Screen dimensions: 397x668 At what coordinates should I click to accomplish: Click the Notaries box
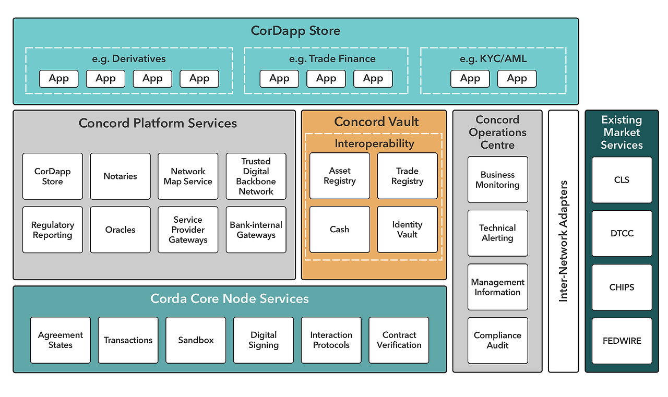click(120, 176)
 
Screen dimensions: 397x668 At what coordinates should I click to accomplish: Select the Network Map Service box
click(188, 176)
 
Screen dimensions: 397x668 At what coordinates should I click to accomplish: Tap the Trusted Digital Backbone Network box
click(256, 176)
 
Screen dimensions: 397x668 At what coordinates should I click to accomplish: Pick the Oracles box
click(120, 230)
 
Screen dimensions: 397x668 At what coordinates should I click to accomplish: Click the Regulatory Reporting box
click(52, 230)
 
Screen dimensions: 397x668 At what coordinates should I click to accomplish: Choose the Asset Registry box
click(339, 176)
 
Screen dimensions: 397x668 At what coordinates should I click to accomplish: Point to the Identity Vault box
click(407, 230)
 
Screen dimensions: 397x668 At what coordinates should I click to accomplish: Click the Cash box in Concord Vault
click(339, 230)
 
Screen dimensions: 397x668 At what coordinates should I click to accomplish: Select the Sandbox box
click(196, 340)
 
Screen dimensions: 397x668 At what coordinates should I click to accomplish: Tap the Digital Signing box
click(264, 340)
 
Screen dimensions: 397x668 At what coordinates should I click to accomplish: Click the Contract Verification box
click(399, 340)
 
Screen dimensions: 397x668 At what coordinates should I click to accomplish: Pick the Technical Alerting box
click(497, 233)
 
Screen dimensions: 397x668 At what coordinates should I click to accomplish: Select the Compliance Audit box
click(497, 341)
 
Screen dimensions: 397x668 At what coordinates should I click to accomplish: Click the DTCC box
click(622, 233)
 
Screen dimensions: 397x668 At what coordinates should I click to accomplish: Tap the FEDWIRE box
click(622, 341)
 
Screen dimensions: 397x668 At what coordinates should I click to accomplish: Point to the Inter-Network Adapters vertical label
click(563, 241)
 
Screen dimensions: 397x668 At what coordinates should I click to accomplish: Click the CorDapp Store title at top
click(295, 31)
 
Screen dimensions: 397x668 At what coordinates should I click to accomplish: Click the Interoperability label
click(374, 143)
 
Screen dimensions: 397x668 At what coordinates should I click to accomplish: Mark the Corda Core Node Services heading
click(230, 298)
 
